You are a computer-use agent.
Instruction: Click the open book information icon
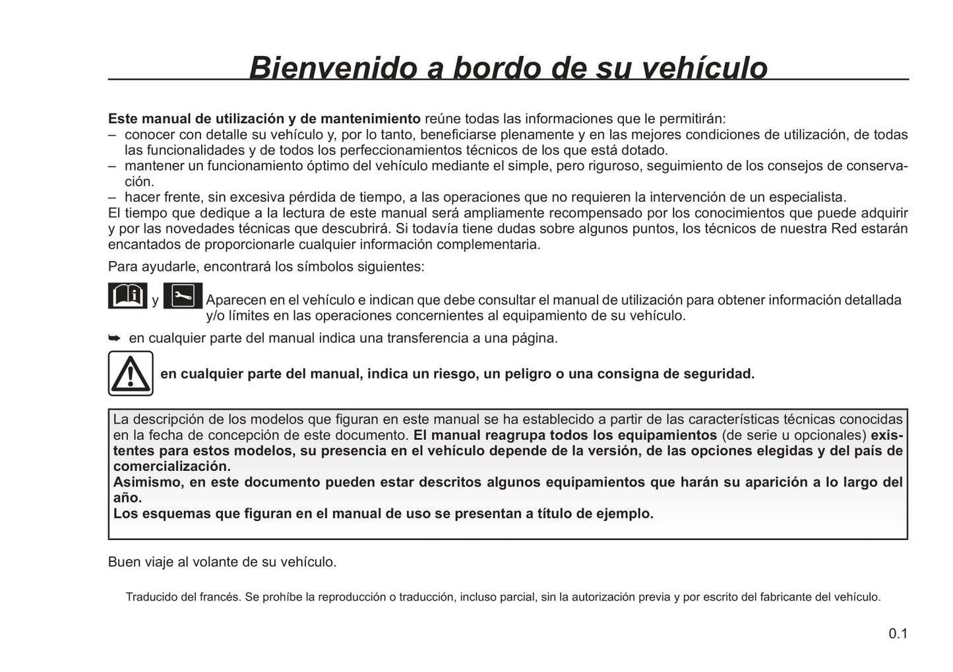[x=127, y=295]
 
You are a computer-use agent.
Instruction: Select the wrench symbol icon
[x=183, y=295]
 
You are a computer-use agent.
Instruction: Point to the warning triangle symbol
[x=131, y=373]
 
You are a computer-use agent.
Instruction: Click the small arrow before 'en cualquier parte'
[x=115, y=338]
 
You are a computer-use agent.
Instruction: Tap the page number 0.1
[x=898, y=634]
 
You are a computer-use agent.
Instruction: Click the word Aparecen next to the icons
[x=233, y=300]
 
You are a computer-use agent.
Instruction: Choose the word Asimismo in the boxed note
[x=146, y=482]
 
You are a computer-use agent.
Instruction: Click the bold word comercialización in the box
[x=171, y=466]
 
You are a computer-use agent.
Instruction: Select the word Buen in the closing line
[x=121, y=563]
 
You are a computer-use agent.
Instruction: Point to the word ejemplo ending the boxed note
[x=626, y=514]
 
